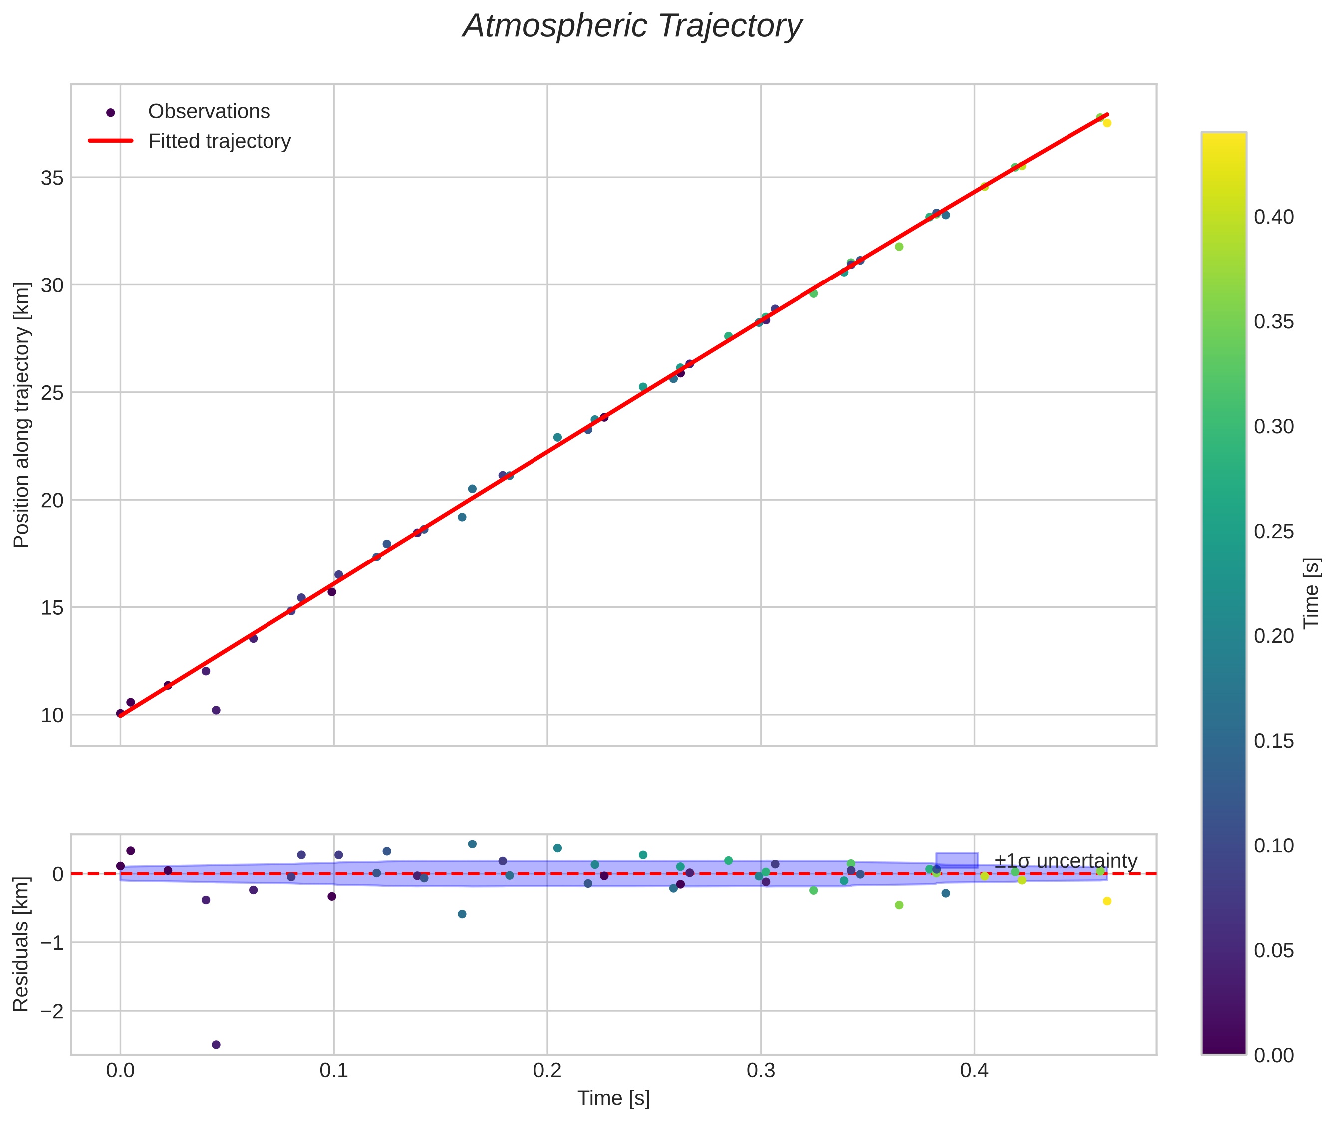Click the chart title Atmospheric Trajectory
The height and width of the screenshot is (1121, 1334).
(x=632, y=26)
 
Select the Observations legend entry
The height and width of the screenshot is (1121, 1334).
(x=209, y=112)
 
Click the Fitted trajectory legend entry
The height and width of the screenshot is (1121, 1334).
(x=219, y=141)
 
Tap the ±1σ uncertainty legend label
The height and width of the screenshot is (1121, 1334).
(x=1065, y=862)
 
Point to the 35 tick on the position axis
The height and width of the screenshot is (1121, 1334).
(x=52, y=178)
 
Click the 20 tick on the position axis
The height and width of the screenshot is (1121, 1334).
(x=52, y=501)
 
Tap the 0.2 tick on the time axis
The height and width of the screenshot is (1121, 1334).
(x=547, y=1071)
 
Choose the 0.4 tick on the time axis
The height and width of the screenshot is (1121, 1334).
(x=974, y=1071)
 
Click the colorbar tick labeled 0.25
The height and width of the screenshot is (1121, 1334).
(x=1274, y=531)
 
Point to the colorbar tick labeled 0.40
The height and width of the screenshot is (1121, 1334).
(x=1274, y=217)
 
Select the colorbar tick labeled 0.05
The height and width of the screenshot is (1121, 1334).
(x=1274, y=951)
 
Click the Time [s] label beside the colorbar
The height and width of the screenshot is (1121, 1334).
(x=1312, y=593)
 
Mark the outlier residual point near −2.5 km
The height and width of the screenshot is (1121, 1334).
(x=216, y=1045)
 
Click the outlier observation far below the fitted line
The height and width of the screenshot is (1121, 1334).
(x=216, y=710)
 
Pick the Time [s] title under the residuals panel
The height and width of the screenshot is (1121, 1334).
(x=613, y=1098)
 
